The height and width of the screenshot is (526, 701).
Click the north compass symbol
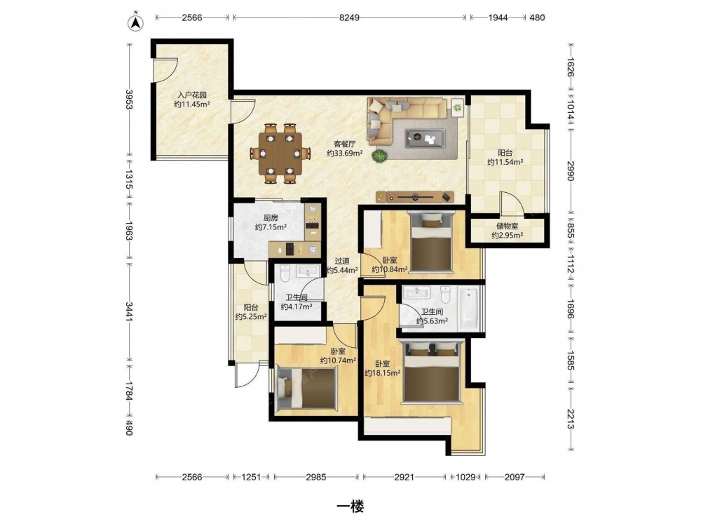(135, 23)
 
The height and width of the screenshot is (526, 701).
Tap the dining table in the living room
(281, 154)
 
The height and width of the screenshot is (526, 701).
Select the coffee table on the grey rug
(426, 137)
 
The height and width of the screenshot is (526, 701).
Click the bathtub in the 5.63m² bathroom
(468, 308)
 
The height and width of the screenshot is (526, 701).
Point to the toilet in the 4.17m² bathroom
(285, 272)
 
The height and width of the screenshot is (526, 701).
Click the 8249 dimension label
(349, 18)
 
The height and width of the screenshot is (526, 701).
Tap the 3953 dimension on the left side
(129, 100)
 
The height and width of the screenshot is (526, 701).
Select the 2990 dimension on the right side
(570, 171)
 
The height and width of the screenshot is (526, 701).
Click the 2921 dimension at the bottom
(404, 477)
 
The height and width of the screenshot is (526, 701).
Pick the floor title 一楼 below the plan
(350, 507)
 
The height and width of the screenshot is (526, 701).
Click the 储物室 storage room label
(507, 227)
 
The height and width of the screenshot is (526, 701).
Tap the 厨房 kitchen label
(271, 218)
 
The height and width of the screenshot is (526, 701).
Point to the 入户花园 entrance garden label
(192, 95)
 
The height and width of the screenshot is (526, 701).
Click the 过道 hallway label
(343, 261)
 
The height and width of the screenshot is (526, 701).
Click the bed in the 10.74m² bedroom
(307, 388)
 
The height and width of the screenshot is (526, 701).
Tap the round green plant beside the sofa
(379, 156)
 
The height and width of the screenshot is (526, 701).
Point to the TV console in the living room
(414, 196)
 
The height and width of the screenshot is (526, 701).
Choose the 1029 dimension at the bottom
(465, 477)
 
